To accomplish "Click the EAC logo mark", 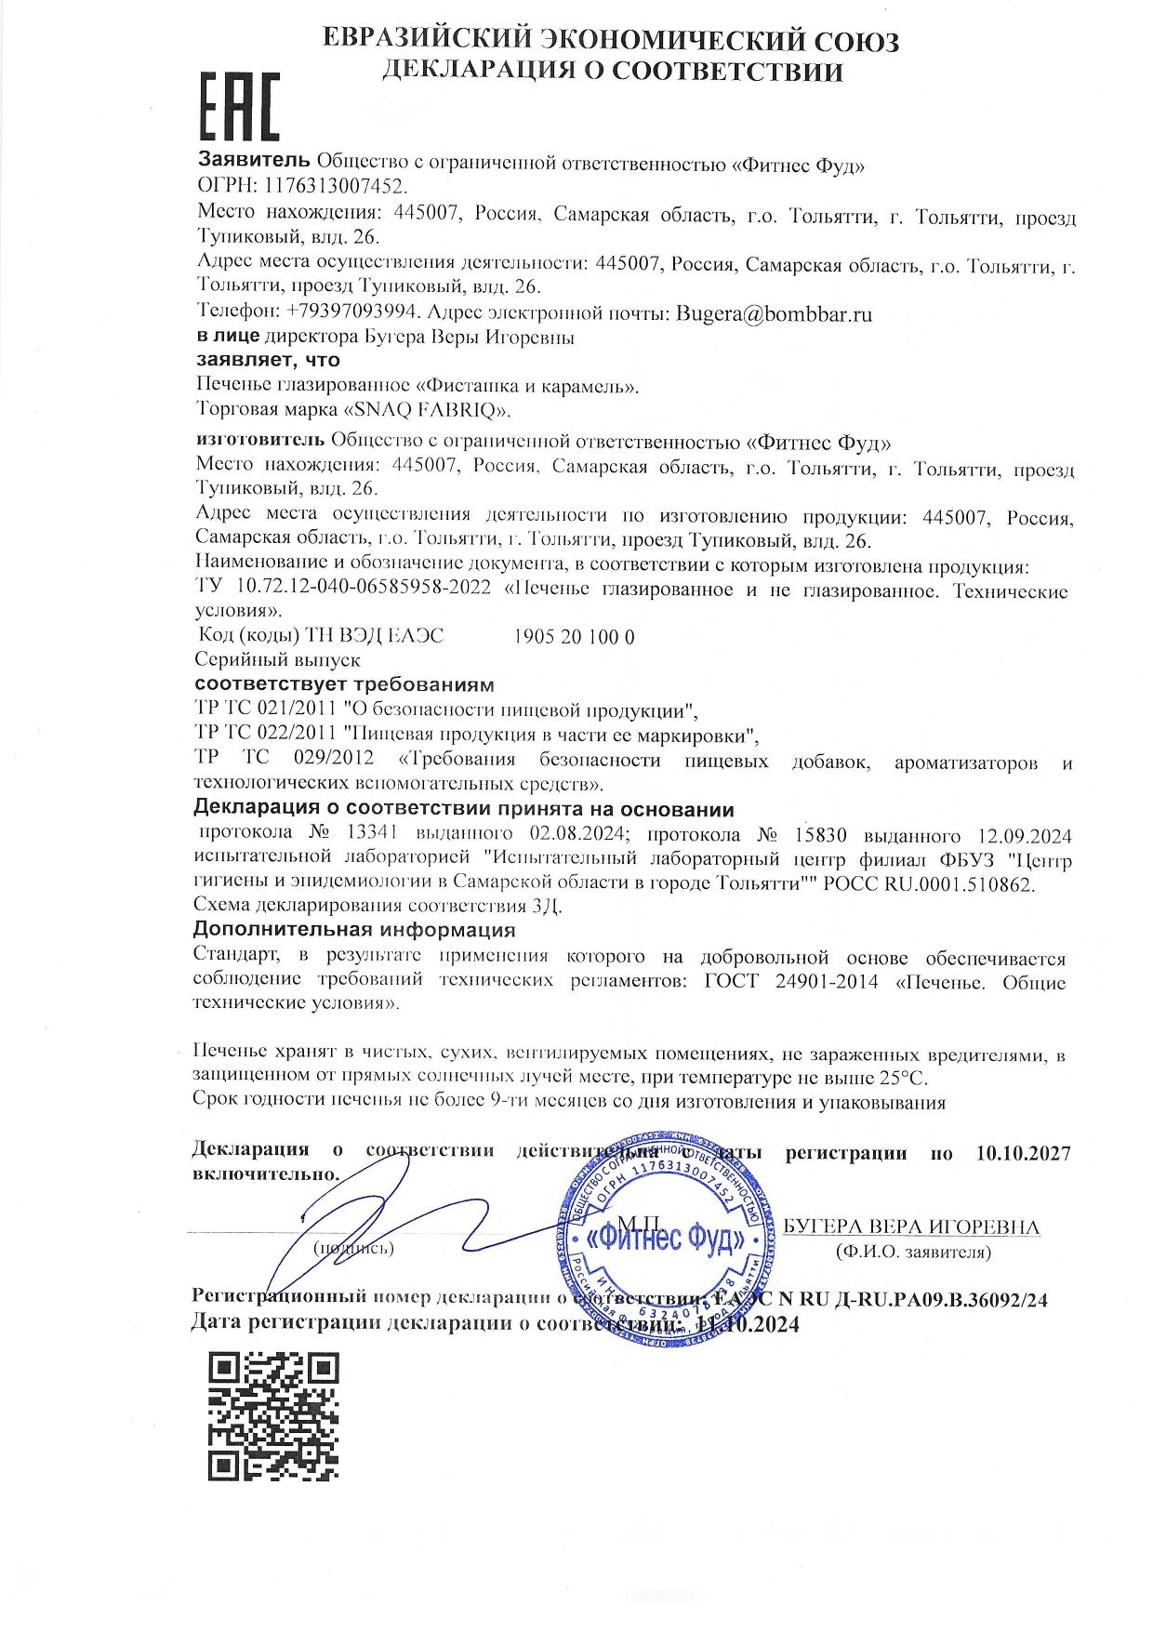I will click(240, 106).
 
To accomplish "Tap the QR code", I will click(272, 1416).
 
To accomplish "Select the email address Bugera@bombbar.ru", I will click(774, 313).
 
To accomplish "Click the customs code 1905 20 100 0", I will click(574, 637).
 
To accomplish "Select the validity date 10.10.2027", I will click(1024, 1154).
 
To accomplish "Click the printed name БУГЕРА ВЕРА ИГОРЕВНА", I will click(911, 1227).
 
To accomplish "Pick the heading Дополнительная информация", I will click(353, 930).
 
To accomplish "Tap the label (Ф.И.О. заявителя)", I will click(913, 1253).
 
